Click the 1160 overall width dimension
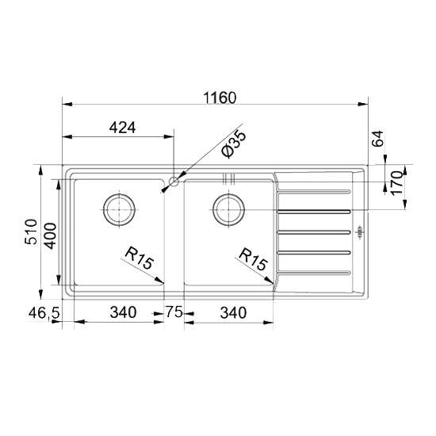click(x=220, y=98)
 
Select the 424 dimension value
click(x=122, y=128)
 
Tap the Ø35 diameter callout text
click(x=234, y=143)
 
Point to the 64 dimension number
click(x=378, y=139)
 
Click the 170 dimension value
click(x=397, y=183)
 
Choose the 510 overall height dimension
click(x=31, y=231)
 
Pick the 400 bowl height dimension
click(x=51, y=235)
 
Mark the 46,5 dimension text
click(x=44, y=314)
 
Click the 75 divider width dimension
click(x=174, y=312)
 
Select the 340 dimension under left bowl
click(x=123, y=312)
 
